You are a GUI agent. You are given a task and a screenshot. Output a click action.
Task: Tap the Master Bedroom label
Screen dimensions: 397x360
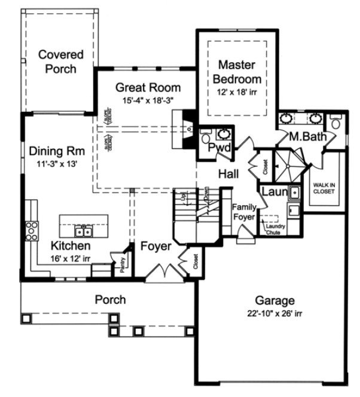[x=239, y=71]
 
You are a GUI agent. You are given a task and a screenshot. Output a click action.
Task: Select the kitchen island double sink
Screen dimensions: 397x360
[x=83, y=231]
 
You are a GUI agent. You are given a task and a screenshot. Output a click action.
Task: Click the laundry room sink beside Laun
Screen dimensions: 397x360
[x=294, y=193]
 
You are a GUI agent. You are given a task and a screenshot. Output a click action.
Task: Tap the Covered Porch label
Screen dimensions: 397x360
[x=57, y=62]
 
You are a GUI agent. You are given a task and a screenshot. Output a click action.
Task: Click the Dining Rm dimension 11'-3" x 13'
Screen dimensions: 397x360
[x=50, y=162]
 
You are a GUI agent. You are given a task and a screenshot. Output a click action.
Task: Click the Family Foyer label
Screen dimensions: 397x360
[x=244, y=212]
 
